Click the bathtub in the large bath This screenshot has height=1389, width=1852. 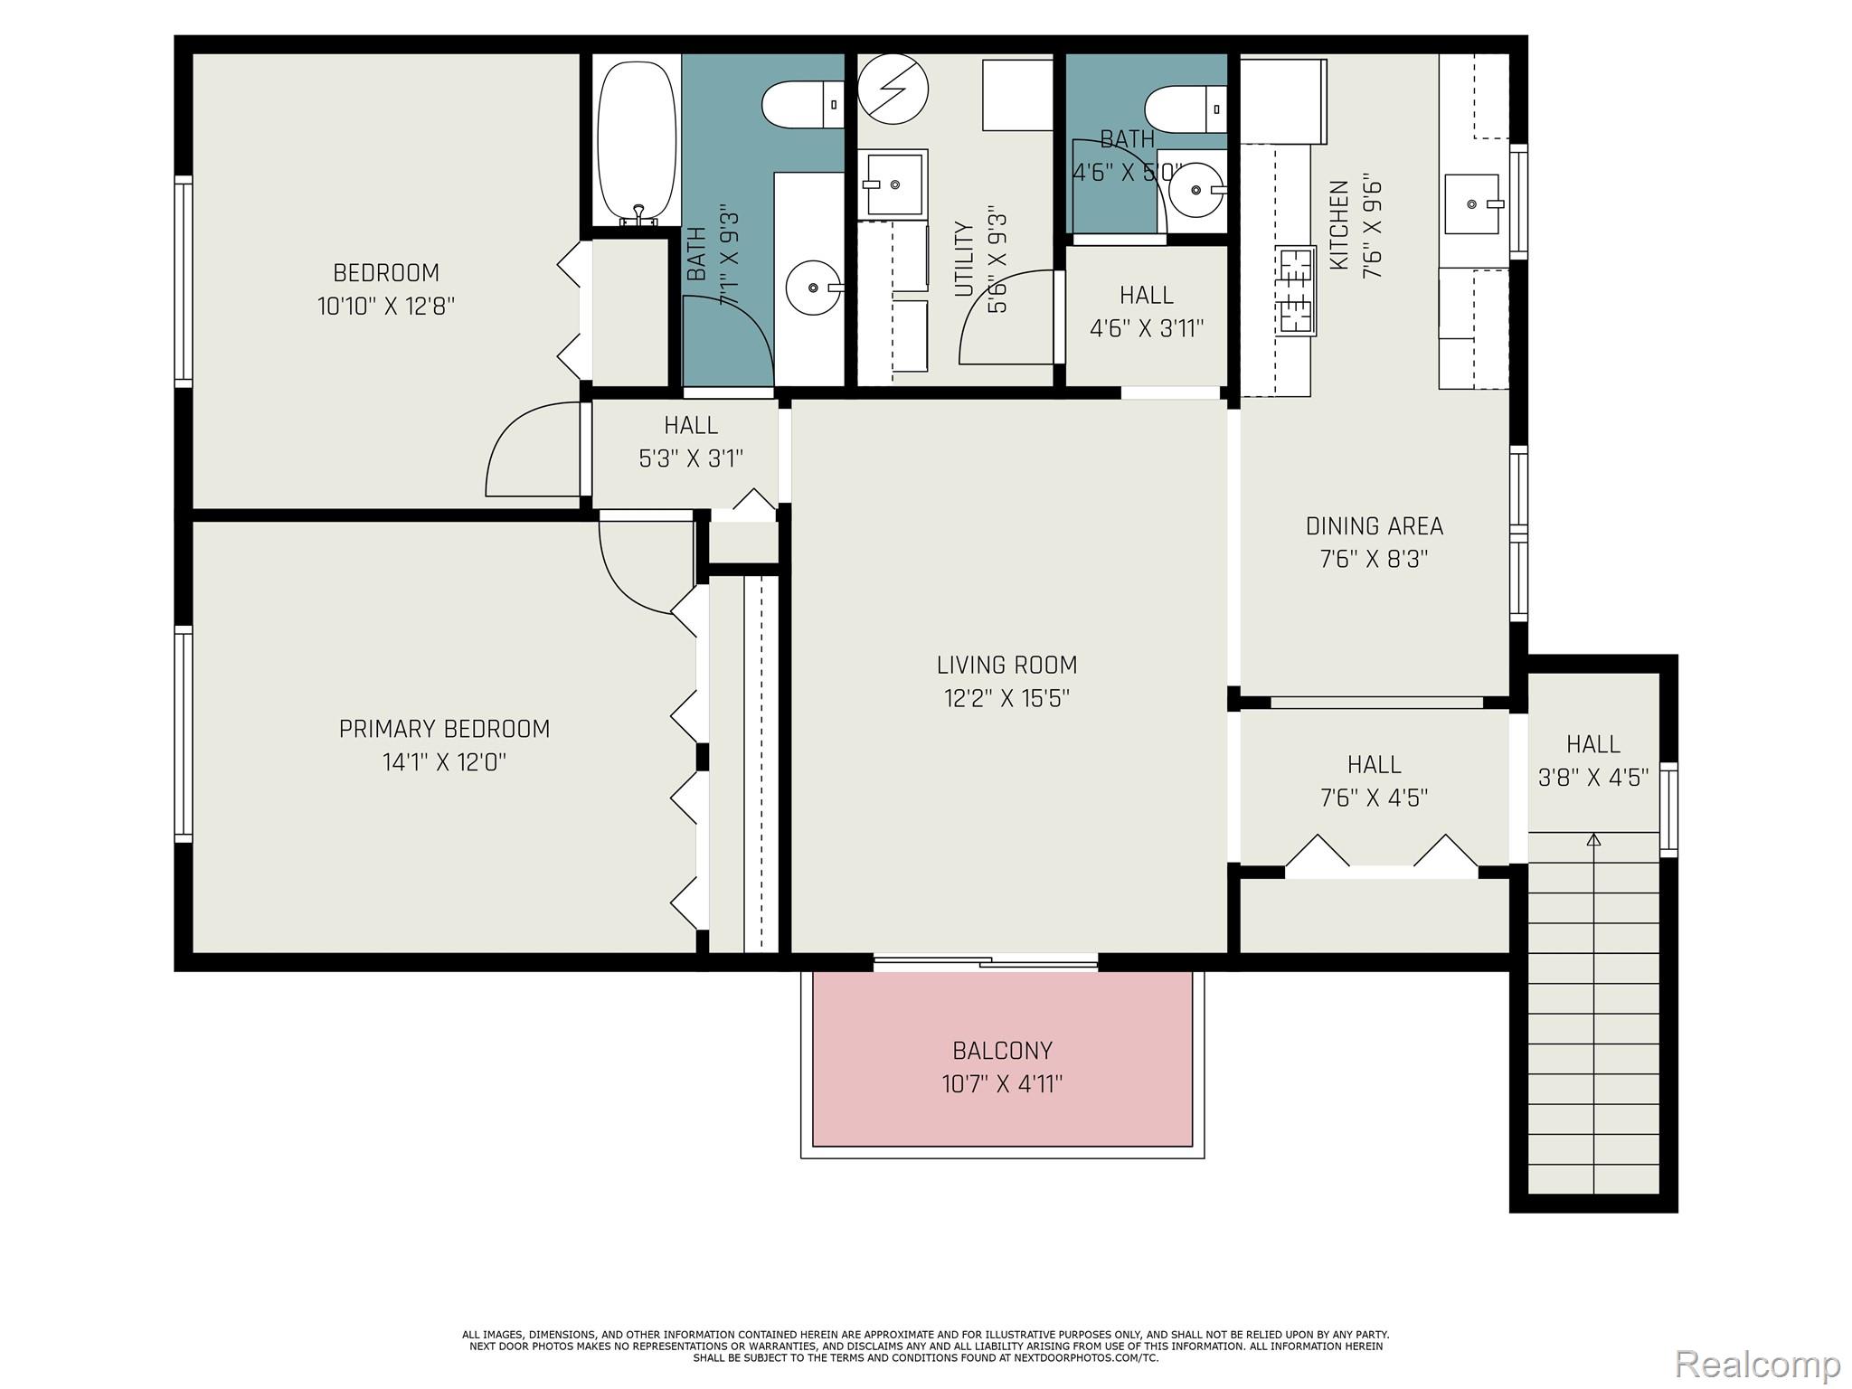[x=637, y=140]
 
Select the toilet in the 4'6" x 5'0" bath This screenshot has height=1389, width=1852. [x=1186, y=109]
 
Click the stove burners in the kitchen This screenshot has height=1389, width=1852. [x=1296, y=291]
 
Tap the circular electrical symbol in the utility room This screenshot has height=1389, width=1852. [x=893, y=89]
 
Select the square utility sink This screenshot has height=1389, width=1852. [x=893, y=184]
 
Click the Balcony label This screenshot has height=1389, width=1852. [x=1002, y=1050]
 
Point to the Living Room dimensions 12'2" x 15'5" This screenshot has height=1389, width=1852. [x=1007, y=698]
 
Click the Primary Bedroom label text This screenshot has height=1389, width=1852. [x=444, y=729]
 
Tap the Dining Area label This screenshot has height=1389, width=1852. [x=1374, y=526]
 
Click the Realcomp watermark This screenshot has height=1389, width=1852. [x=1757, y=1363]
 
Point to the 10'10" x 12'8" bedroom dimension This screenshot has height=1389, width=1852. [x=386, y=306]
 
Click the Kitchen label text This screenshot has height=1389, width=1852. [x=1339, y=224]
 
